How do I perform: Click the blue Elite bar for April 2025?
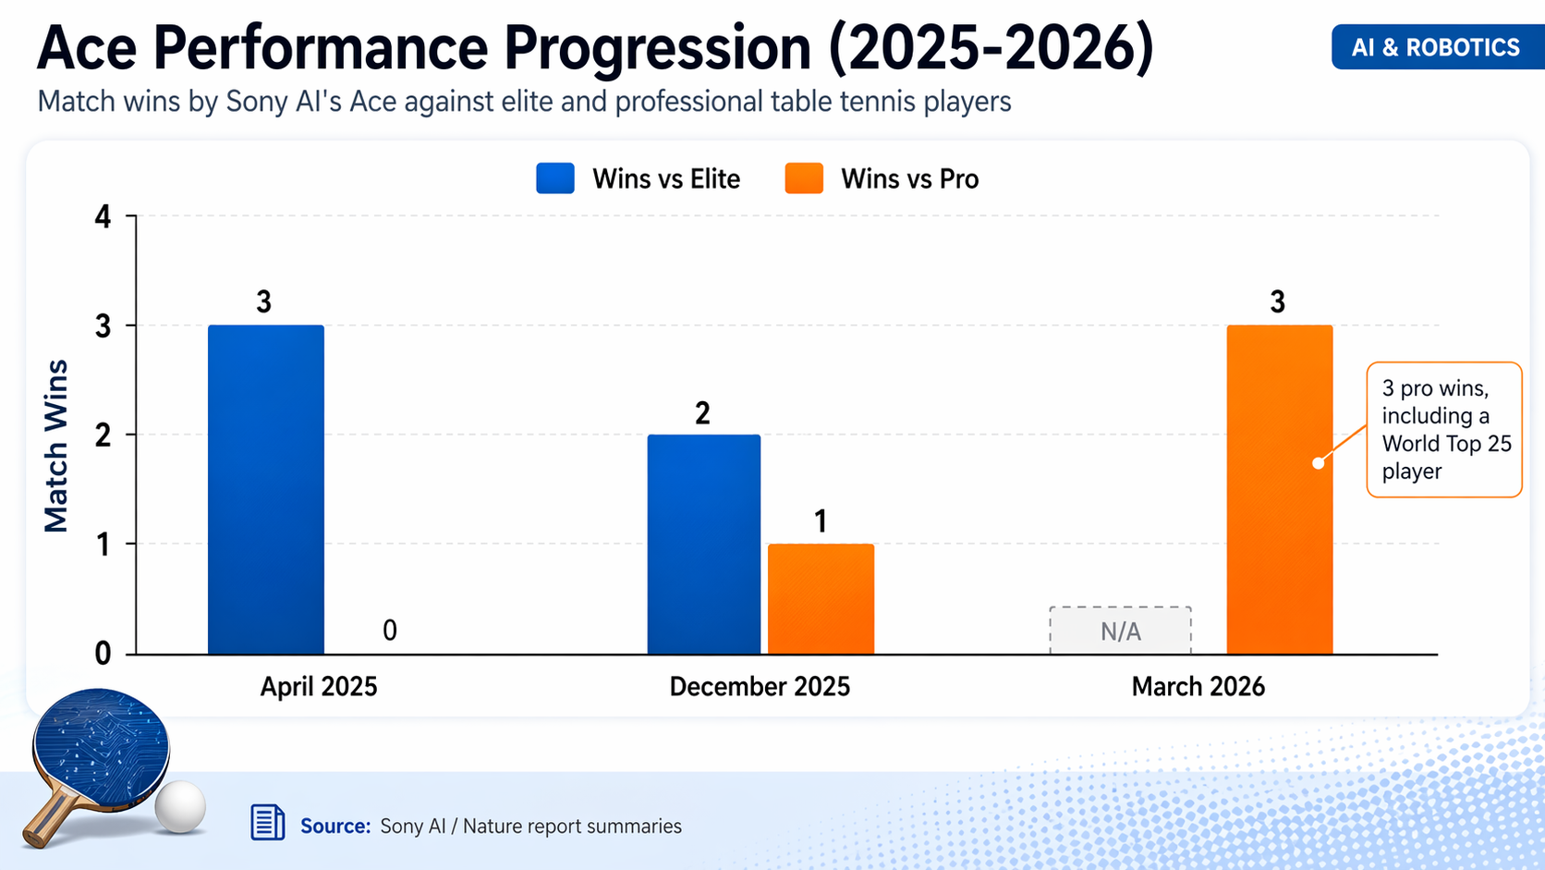click(x=266, y=490)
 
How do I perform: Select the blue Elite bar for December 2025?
click(x=704, y=545)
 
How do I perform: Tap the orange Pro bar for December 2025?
click(x=821, y=599)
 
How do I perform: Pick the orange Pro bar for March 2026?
click(x=1280, y=490)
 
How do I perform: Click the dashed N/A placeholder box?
click(x=1120, y=631)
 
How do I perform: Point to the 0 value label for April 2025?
click(x=390, y=631)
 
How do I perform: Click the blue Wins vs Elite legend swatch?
click(x=555, y=178)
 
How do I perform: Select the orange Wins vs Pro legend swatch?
click(x=804, y=178)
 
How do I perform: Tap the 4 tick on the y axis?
click(x=103, y=217)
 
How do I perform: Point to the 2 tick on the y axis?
click(x=103, y=435)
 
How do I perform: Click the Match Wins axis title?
click(x=56, y=446)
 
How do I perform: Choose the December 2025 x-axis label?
click(x=760, y=687)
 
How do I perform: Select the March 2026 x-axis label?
click(x=1198, y=687)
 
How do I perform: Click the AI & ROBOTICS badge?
click(x=1435, y=47)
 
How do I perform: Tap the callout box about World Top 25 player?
click(x=1444, y=430)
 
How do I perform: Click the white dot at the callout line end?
click(x=1319, y=463)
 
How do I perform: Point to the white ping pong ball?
click(x=180, y=807)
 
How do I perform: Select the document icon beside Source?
click(x=268, y=822)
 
